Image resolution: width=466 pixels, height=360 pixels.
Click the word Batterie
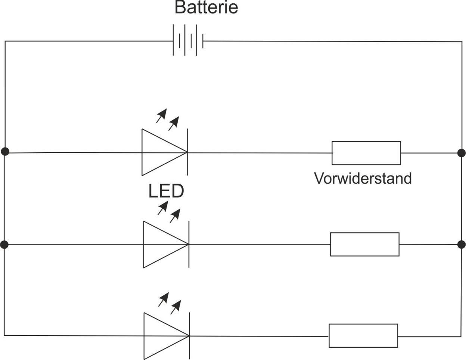206,8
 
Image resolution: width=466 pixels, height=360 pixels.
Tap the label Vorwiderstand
363,179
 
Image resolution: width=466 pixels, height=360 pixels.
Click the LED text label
166,191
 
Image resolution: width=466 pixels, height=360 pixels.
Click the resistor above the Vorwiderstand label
366,153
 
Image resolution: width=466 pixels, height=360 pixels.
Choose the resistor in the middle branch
364,244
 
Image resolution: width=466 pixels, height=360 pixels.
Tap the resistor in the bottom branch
363,336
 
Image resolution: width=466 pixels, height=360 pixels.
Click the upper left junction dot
5,151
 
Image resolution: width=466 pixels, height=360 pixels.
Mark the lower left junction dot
4,245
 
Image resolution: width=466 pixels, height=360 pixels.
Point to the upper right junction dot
462,153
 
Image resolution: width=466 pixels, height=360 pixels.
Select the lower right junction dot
462,245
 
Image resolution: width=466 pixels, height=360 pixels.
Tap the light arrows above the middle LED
169,212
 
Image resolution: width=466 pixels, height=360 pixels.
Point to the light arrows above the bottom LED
170,303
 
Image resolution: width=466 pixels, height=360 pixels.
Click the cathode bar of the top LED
187,152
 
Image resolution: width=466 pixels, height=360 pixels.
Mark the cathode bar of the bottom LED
190,336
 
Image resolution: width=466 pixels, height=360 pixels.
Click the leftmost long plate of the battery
173,40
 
